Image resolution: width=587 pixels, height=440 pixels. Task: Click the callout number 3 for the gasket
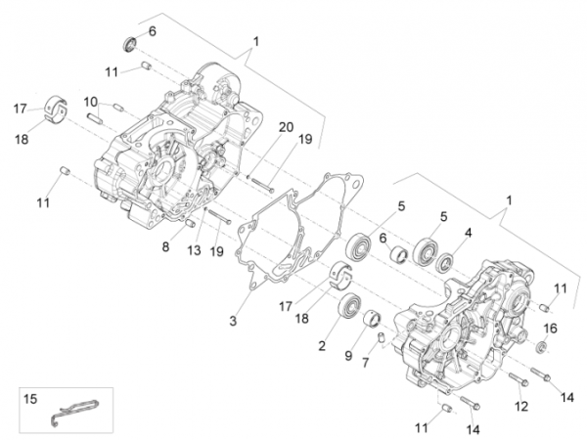click(x=233, y=322)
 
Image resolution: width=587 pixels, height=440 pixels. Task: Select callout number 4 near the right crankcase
click(x=468, y=233)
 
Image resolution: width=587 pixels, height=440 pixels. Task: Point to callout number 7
click(x=366, y=363)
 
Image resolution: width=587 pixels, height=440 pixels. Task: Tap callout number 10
click(x=90, y=101)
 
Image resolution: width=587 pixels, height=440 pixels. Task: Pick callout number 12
click(x=521, y=406)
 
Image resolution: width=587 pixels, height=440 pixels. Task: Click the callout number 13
click(x=194, y=249)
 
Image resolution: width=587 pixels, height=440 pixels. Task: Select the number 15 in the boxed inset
click(x=29, y=398)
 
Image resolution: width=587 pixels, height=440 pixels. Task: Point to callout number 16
click(x=550, y=328)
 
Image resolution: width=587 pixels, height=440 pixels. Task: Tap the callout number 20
click(x=286, y=128)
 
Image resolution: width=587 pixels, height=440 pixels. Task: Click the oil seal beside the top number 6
click(x=129, y=43)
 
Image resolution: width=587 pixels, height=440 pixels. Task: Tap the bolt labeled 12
click(x=518, y=379)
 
